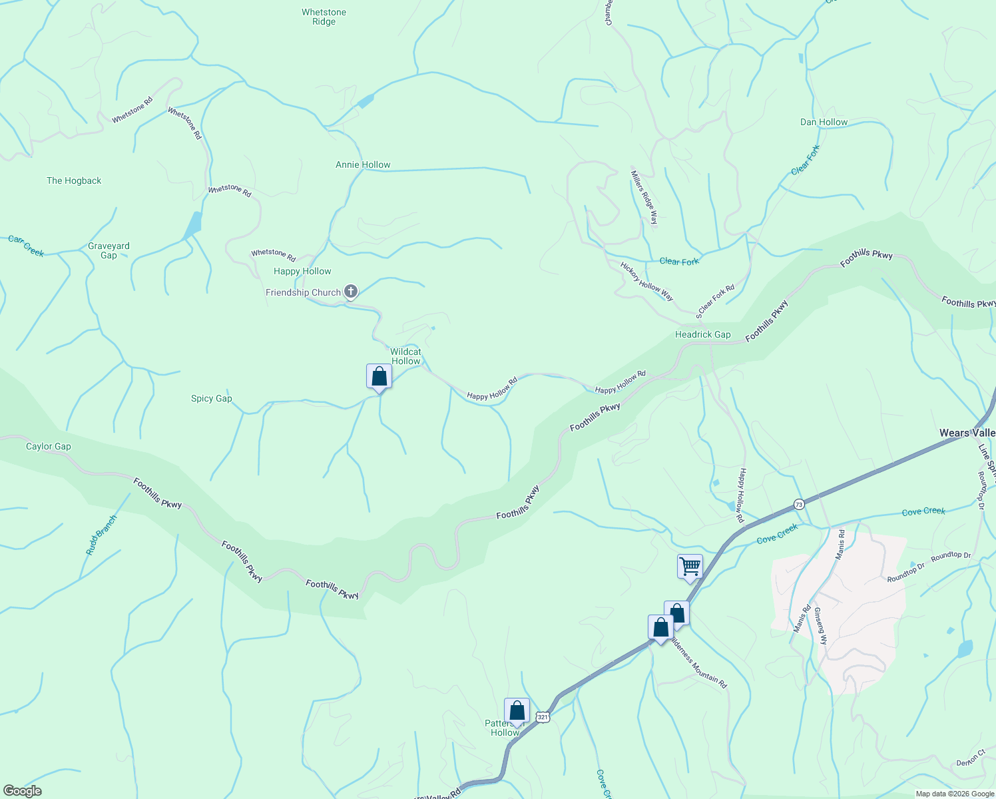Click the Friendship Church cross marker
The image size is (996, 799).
click(x=350, y=292)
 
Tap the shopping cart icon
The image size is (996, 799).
click(x=690, y=567)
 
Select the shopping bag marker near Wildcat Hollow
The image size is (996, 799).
click(x=379, y=377)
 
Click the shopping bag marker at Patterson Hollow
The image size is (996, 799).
click(x=517, y=710)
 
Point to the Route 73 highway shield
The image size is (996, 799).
click(x=799, y=505)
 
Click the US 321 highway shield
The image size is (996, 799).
click(x=543, y=717)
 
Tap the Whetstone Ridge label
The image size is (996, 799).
click(x=324, y=17)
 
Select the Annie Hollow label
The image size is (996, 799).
click(x=363, y=164)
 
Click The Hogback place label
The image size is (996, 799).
click(x=74, y=180)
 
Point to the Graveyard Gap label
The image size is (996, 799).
click(x=109, y=250)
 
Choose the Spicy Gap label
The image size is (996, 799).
click(x=212, y=398)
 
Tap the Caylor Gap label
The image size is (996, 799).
click(x=48, y=446)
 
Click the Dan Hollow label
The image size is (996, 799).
click(x=824, y=122)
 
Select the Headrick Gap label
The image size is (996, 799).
click(x=702, y=334)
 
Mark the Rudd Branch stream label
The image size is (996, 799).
click(x=101, y=535)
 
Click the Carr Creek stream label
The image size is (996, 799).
click(x=26, y=246)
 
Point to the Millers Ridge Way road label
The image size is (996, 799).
click(x=644, y=198)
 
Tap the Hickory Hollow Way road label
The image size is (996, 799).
click(x=646, y=281)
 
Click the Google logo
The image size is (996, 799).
click(x=22, y=791)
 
